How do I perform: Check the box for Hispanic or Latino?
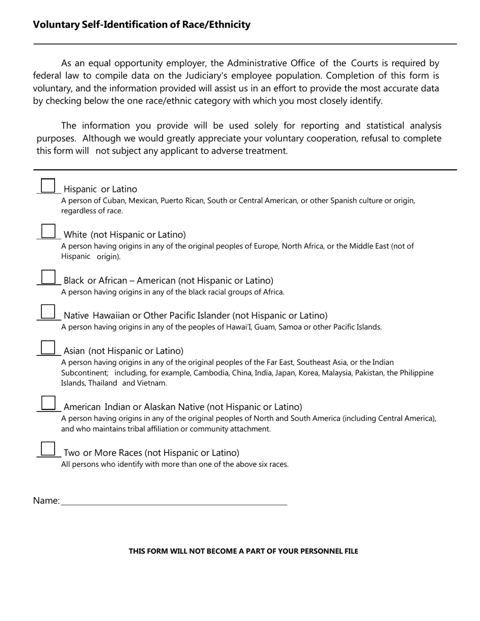[x=47, y=186]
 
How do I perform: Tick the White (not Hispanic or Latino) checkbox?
[x=47, y=231]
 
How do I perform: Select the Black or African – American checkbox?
[x=47, y=277]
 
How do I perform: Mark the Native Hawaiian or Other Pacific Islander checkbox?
[x=47, y=312]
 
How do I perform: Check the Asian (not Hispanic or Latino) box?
[x=47, y=347]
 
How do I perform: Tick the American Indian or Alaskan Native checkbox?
[x=47, y=403]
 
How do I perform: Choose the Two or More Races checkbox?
[x=47, y=449]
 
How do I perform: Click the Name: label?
[x=46, y=500]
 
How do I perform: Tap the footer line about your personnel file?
[x=243, y=551]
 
